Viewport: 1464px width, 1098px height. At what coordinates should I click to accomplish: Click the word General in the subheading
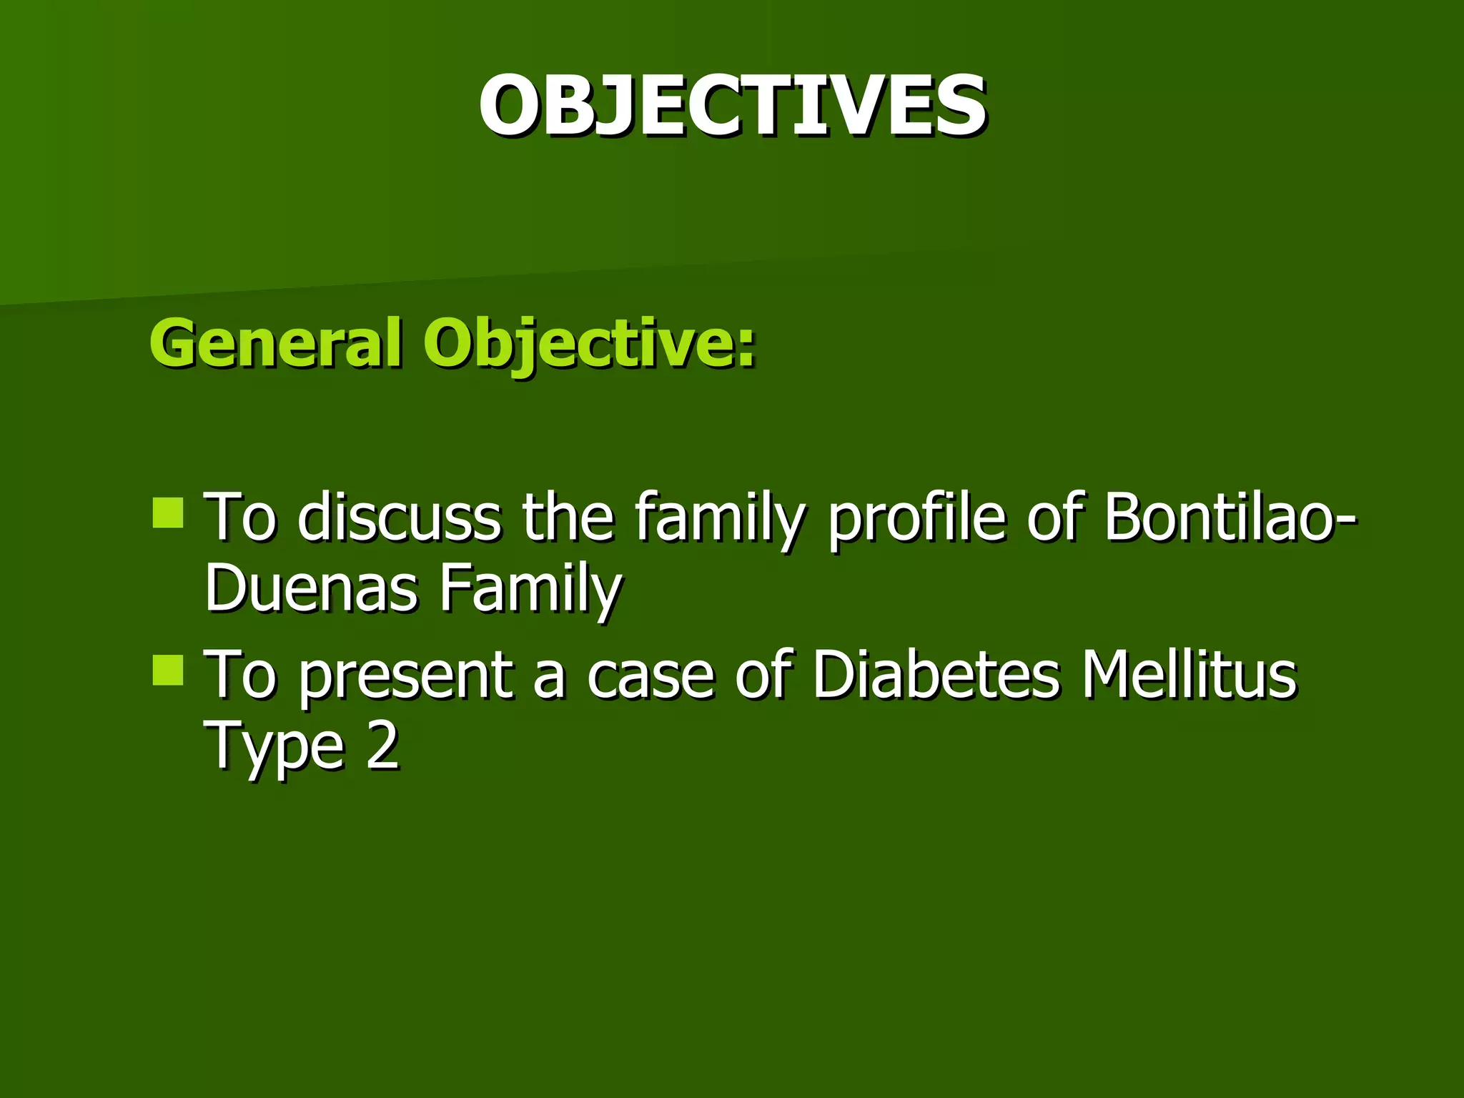[x=275, y=343]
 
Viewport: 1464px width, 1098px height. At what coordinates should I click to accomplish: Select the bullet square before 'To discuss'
[x=168, y=513]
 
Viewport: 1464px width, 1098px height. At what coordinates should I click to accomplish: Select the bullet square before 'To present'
[x=168, y=671]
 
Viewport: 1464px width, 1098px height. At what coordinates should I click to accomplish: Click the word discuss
[x=399, y=517]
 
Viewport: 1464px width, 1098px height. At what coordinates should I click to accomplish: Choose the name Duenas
[x=311, y=588]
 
